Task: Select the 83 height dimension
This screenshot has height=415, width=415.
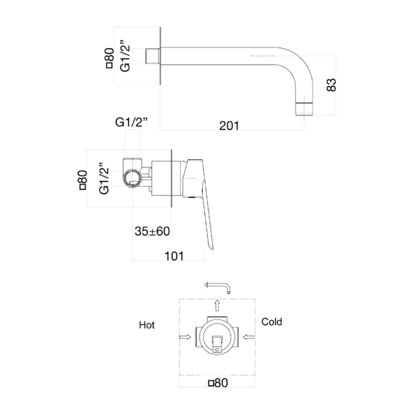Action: [332, 84]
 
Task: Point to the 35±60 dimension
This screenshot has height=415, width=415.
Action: [152, 231]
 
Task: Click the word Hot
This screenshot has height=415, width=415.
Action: [146, 325]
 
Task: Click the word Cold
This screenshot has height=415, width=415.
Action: [271, 321]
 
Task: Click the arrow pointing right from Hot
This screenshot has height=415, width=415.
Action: [183, 336]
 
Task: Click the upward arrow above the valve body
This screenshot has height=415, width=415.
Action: [216, 304]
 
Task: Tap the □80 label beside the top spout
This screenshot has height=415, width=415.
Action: [109, 59]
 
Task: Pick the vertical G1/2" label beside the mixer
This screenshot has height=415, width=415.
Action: [104, 178]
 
